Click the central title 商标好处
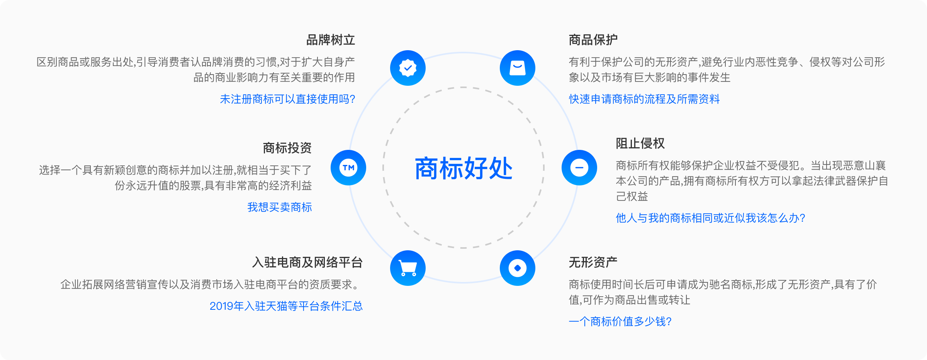pyautogui.click(x=463, y=168)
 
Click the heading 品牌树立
pyautogui.click(x=331, y=40)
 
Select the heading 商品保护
pyautogui.click(x=593, y=40)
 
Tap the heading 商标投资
pyautogui.click(x=287, y=148)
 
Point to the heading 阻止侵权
pyautogui.click(x=640, y=143)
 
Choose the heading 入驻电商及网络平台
pyautogui.click(x=307, y=262)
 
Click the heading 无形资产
pyautogui.click(x=593, y=262)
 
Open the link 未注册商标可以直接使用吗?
pyautogui.click(x=287, y=99)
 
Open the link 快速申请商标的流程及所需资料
pyautogui.click(x=644, y=99)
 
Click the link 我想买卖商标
pyautogui.click(x=280, y=207)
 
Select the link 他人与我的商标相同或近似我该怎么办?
pyautogui.click(x=711, y=218)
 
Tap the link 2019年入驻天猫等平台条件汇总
pyautogui.click(x=286, y=306)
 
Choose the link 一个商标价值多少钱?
pyautogui.click(x=620, y=322)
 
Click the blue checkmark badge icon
pyautogui.click(x=408, y=68)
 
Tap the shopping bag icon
pyautogui.click(x=518, y=68)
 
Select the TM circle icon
pyautogui.click(x=348, y=168)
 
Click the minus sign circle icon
pyautogui.click(x=579, y=168)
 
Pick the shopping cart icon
pyautogui.click(x=408, y=268)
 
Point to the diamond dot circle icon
pyautogui.click(x=518, y=268)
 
